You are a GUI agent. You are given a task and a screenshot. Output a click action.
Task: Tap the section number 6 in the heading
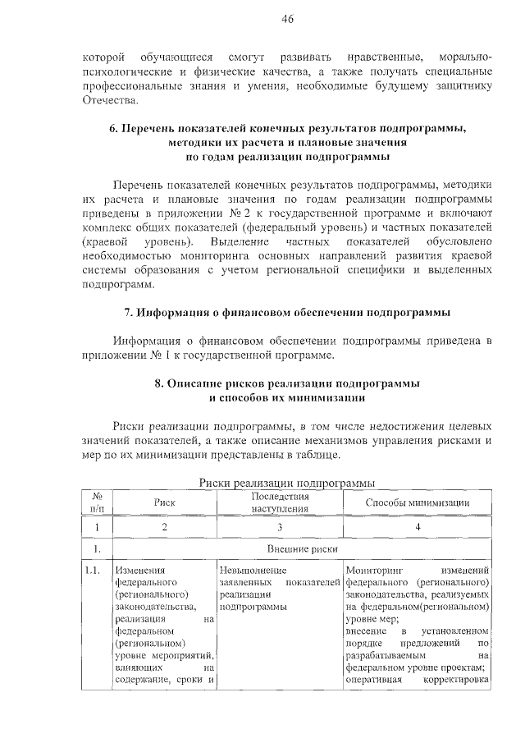[113, 128]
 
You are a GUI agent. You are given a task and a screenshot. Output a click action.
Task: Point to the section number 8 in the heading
[158, 384]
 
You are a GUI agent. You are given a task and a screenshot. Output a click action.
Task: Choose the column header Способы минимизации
[417, 502]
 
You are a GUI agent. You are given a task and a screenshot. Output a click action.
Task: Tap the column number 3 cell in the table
[280, 527]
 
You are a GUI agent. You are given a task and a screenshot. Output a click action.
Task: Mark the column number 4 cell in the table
[418, 527]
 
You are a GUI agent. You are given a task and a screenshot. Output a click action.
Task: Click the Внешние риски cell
[303, 548]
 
